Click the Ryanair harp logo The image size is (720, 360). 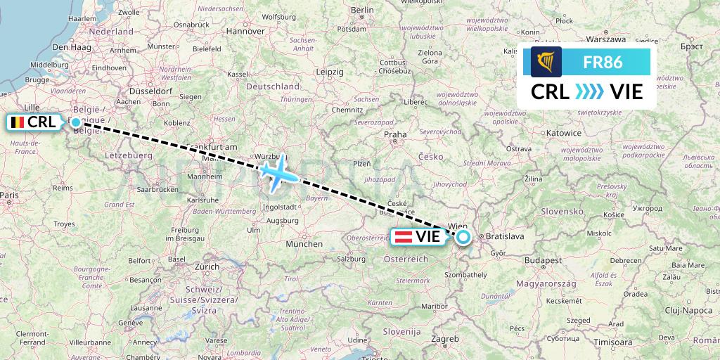pos(546,62)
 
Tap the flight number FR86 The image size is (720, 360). pos(603,62)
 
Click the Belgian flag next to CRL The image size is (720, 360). pos(16,122)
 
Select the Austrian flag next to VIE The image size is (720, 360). pos(404,237)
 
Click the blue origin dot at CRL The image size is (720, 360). pos(76,122)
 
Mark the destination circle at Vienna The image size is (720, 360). pos(463,237)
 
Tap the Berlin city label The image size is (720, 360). pos(362,10)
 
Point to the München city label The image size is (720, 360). pos(304,244)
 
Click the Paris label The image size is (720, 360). pos(9,195)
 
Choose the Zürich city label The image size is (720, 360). pos(207,267)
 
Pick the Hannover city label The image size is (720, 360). pos(245,31)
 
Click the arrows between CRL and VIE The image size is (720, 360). pos(589,92)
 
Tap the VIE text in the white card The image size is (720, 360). pos(626,92)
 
